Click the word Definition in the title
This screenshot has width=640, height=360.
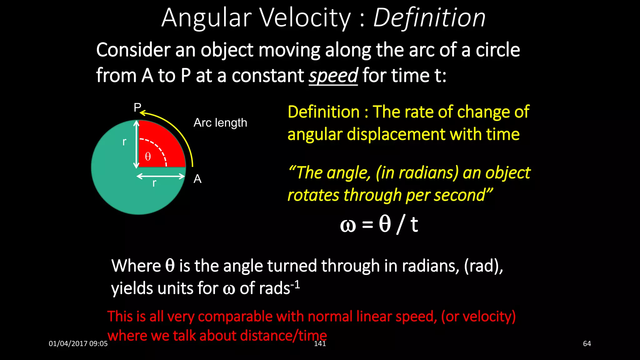[x=429, y=18]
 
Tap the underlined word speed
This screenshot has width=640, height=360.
[x=333, y=76]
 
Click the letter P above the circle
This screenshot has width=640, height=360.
[x=137, y=107]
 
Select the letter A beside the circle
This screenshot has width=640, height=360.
[x=197, y=179]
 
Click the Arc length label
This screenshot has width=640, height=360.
[x=220, y=122]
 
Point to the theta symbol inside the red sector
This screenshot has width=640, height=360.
[x=148, y=156]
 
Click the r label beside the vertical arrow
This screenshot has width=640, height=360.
[x=124, y=142]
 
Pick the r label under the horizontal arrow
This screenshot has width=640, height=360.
[x=154, y=183]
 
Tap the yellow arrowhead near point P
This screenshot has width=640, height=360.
[x=142, y=113]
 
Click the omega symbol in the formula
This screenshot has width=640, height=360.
[x=348, y=225]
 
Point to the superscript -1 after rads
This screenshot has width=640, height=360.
[x=295, y=284]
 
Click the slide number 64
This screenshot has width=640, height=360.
[x=587, y=344]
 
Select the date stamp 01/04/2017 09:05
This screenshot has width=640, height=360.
[x=78, y=344]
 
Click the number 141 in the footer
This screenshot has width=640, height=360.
[x=320, y=344]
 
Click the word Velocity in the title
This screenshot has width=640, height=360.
[x=305, y=18]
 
